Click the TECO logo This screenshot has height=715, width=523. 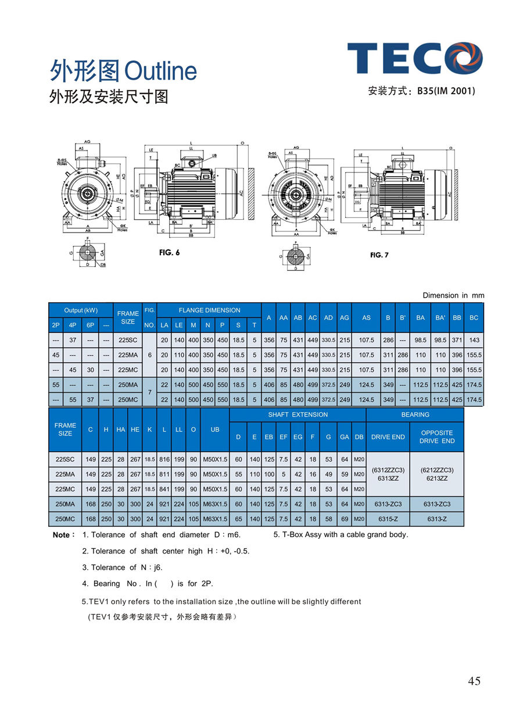(x=415, y=58)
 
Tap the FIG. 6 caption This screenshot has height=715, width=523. (x=169, y=252)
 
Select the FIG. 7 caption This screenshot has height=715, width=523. (x=379, y=255)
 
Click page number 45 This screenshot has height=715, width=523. (x=474, y=681)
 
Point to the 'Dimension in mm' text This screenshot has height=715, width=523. (x=453, y=295)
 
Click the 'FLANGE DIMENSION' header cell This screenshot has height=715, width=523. (x=209, y=310)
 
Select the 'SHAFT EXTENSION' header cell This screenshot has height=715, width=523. (x=298, y=414)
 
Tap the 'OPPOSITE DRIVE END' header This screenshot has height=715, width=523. (x=437, y=437)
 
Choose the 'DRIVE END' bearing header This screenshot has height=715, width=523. (x=388, y=437)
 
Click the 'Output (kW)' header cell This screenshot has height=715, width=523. (x=81, y=310)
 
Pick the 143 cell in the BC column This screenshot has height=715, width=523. (x=474, y=339)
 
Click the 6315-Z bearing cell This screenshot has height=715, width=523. (x=388, y=519)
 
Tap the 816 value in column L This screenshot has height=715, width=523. (x=164, y=459)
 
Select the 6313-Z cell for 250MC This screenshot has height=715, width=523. (x=437, y=519)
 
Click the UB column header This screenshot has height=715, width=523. (x=215, y=430)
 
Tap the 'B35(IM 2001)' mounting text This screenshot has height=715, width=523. (x=446, y=91)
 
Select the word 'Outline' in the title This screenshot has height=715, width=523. (x=161, y=71)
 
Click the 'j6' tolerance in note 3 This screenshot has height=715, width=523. (x=157, y=567)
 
